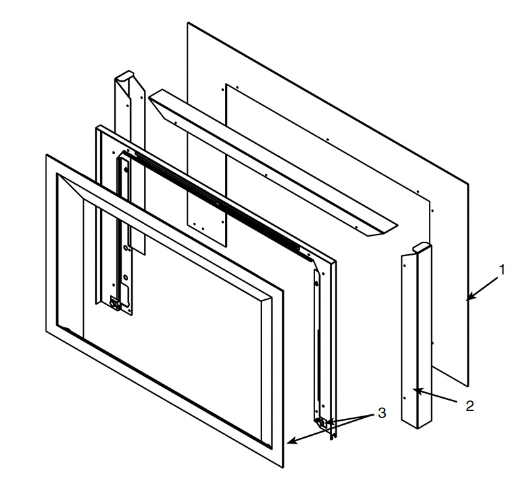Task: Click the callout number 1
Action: click(502, 270)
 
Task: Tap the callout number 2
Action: click(469, 406)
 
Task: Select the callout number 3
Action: click(382, 413)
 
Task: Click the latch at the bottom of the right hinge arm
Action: click(321, 423)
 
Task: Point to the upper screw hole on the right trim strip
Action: click(405, 266)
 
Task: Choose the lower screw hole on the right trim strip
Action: click(405, 398)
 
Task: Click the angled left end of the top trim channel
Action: click(157, 101)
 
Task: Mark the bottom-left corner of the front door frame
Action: click(46, 331)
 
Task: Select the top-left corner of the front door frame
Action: click(46, 155)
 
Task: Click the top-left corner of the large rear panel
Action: click(188, 23)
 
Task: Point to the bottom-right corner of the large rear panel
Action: click(468, 386)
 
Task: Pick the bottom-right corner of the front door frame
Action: click(283, 468)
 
